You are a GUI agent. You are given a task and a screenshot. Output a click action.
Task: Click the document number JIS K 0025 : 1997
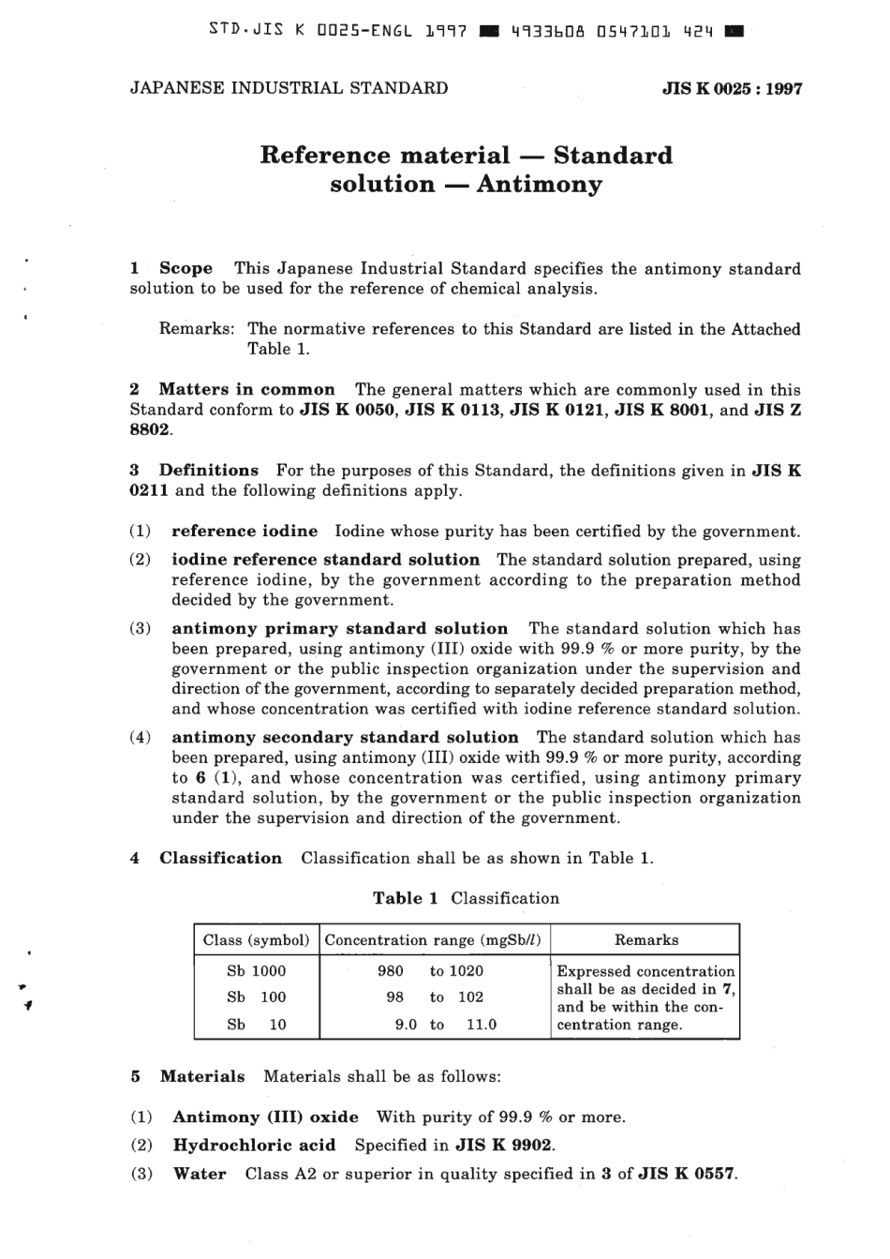pyautogui.click(x=732, y=89)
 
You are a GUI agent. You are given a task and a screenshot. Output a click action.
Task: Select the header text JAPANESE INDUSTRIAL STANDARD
pyautogui.click(x=289, y=88)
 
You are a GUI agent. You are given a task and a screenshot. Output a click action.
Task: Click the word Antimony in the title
pyautogui.click(x=539, y=184)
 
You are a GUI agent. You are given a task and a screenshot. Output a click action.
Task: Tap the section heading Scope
pyautogui.click(x=185, y=268)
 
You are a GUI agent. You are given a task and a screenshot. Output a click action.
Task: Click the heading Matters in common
pyautogui.click(x=246, y=389)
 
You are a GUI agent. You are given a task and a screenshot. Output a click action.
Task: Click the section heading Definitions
pyautogui.click(x=208, y=470)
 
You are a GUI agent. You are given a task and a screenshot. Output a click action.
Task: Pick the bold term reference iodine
pyautogui.click(x=245, y=531)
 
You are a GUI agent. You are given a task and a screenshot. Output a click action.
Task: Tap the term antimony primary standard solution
pyautogui.click(x=339, y=628)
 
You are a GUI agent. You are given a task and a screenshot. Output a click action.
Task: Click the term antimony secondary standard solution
pyautogui.click(x=345, y=737)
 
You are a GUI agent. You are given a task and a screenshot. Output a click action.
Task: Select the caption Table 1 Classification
pyautogui.click(x=466, y=898)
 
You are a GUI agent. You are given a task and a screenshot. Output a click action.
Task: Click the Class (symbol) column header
pyautogui.click(x=256, y=939)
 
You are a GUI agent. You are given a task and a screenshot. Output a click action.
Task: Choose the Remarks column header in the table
pyautogui.click(x=646, y=939)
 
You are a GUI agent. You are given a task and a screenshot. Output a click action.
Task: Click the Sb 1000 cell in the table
pyautogui.click(x=256, y=970)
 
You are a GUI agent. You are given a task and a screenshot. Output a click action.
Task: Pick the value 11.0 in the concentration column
pyautogui.click(x=482, y=1025)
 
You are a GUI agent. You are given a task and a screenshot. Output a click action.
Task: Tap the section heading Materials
pyautogui.click(x=202, y=1076)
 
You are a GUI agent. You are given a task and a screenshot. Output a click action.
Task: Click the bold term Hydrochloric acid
pyautogui.click(x=254, y=1145)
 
